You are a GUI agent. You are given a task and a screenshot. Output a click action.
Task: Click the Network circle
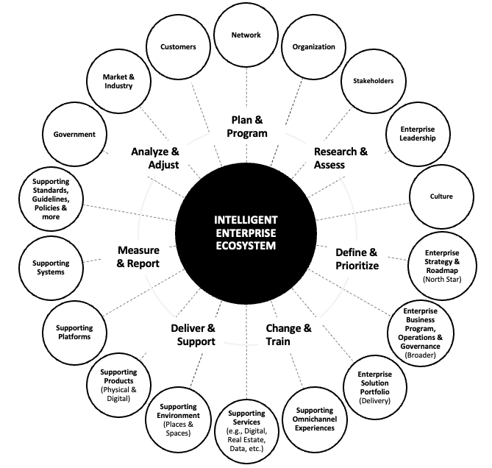point(246,35)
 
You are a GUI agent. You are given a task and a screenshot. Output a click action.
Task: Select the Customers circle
point(178,47)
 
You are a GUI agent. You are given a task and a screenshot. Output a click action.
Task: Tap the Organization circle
point(313,47)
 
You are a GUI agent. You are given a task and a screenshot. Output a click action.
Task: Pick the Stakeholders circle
point(373,81)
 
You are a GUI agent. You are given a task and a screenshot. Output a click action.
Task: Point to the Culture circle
point(441,196)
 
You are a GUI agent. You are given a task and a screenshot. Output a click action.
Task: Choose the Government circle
point(74,134)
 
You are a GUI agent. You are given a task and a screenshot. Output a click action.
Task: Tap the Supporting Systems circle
point(51,268)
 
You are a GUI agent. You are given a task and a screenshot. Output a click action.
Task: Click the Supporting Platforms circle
point(74,332)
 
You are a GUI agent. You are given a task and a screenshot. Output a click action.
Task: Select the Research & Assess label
point(340,158)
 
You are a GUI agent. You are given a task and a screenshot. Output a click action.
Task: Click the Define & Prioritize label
point(357,259)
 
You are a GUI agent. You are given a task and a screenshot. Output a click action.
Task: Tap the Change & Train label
point(288,335)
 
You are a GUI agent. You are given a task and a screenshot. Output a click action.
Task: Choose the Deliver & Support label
point(193,335)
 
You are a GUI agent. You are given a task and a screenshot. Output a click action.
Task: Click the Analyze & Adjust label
point(155,158)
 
